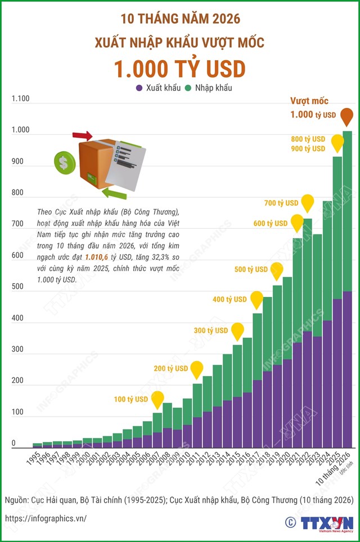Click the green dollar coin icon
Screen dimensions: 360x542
[65, 162]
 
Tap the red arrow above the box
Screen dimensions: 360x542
[82, 135]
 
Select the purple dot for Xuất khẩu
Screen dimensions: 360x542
[139, 88]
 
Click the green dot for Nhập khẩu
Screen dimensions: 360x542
[188, 88]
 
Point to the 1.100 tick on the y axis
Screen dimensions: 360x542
[20, 98]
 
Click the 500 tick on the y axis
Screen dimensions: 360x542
[17, 287]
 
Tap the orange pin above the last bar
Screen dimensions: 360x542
[347, 117]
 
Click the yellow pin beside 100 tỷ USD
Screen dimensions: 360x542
[157, 400]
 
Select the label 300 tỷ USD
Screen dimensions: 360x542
[211, 331]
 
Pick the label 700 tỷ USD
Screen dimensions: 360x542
[281, 203]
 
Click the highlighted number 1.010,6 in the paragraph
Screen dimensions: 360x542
[97, 257]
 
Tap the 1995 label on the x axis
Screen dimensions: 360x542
[34, 458]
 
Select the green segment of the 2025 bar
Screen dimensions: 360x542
[337, 228]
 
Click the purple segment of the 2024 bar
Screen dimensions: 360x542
[327, 384]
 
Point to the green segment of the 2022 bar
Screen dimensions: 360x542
[308, 275]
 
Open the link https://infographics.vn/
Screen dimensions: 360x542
[46, 518]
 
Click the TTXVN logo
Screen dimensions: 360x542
[327, 523]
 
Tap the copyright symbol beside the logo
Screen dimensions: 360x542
[290, 522]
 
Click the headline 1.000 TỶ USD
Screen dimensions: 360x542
[180, 69]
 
